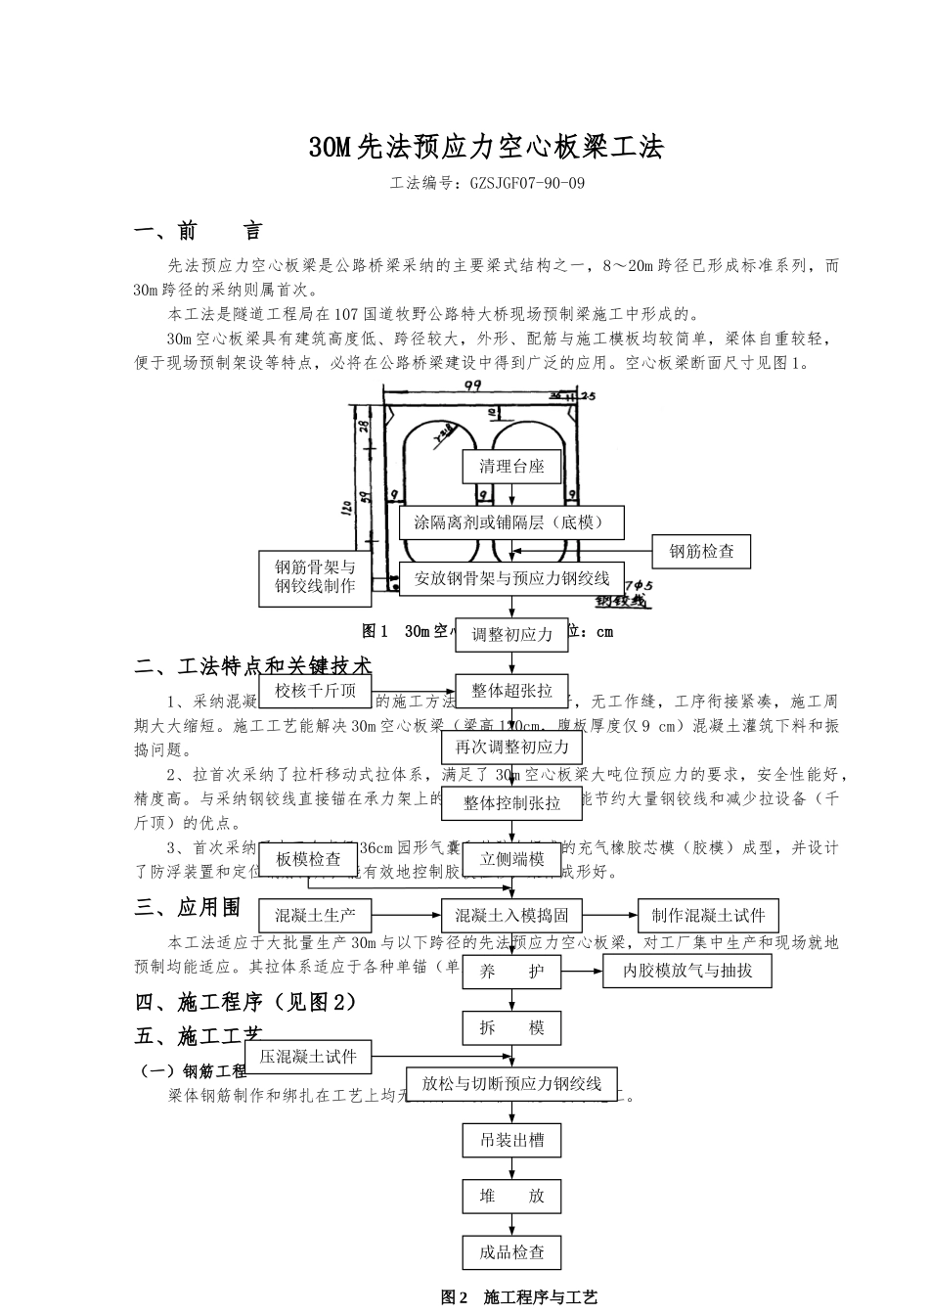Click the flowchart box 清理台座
pyautogui.click(x=511, y=467)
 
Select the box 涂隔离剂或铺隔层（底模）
pyautogui.click(x=511, y=522)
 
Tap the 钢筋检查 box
pyautogui.click(x=701, y=551)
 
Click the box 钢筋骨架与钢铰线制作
pyautogui.click(x=315, y=578)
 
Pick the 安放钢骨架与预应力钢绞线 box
pyautogui.click(x=511, y=578)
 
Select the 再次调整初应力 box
pyautogui.click(x=511, y=748)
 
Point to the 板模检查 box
pyautogui.click(x=308, y=859)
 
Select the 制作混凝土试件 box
pyautogui.click(x=708, y=916)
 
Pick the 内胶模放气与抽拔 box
pyautogui.click(x=687, y=972)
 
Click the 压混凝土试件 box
pyautogui.click(x=308, y=1057)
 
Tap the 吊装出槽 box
pyautogui.click(x=511, y=1140)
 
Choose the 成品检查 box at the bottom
pyautogui.click(x=511, y=1252)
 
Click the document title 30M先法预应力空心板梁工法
pyautogui.click(x=486, y=148)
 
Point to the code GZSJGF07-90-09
pyautogui.click(x=527, y=183)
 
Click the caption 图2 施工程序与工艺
pyautogui.click(x=518, y=1297)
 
